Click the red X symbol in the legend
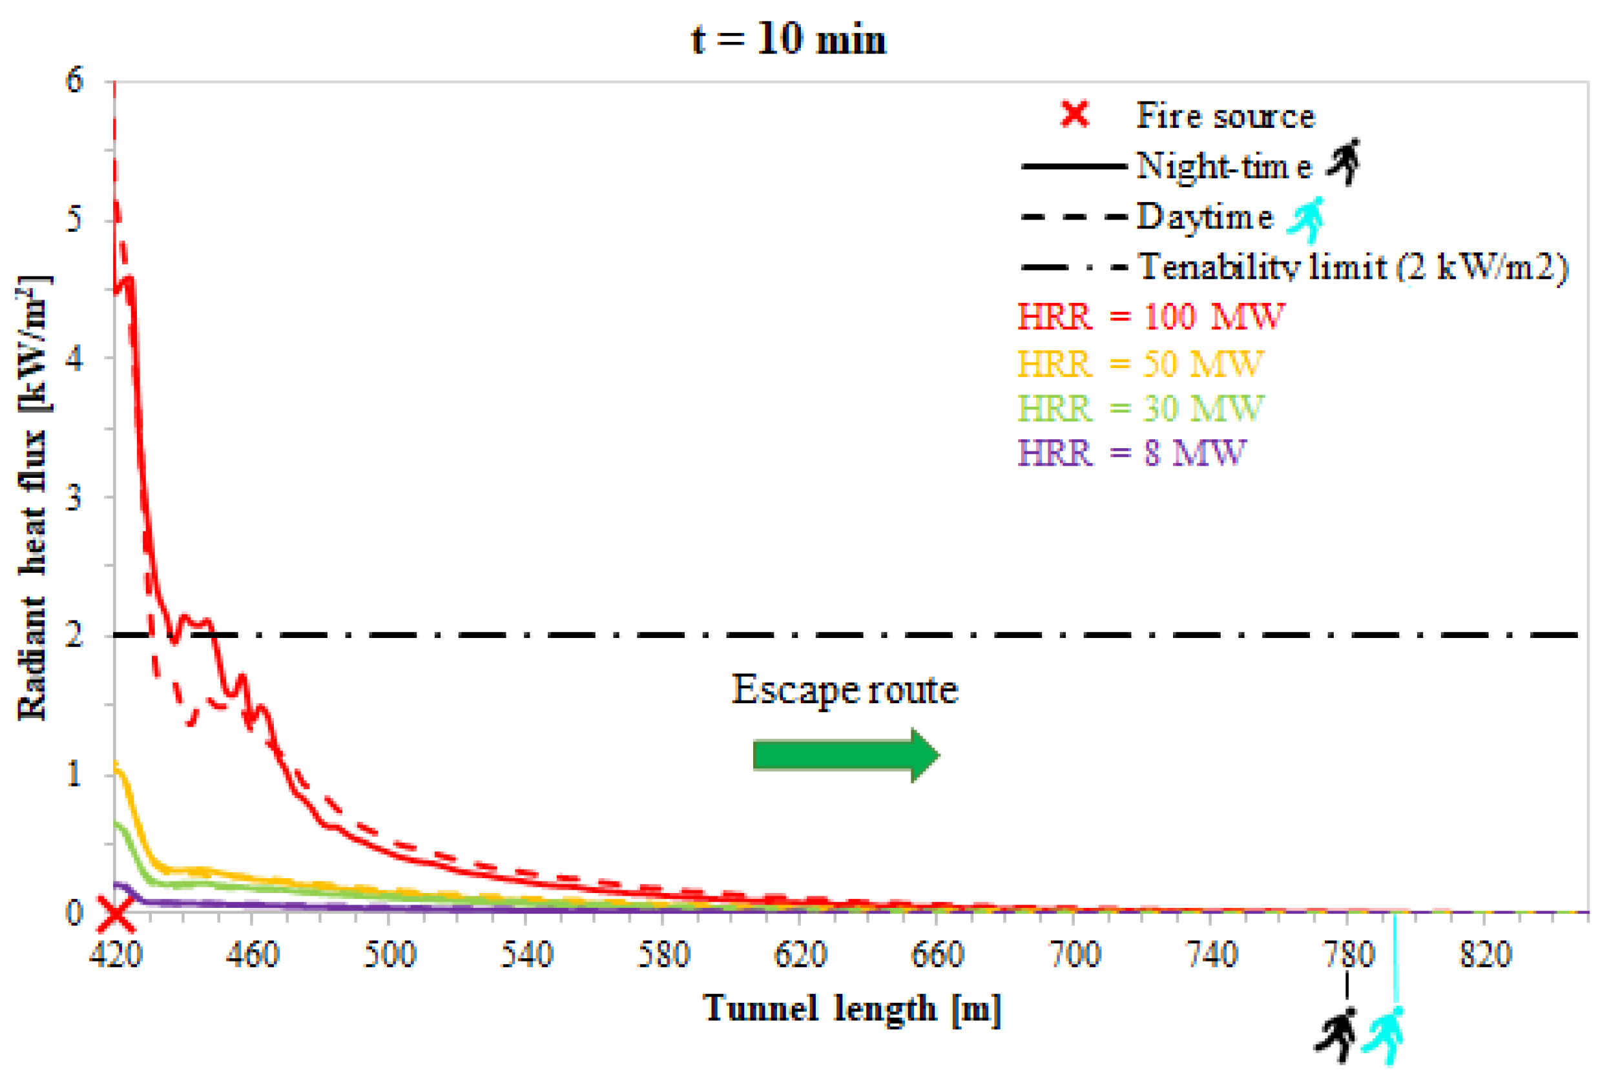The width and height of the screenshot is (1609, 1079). coord(1074,114)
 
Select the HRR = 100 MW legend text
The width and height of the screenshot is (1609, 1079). coord(1150,317)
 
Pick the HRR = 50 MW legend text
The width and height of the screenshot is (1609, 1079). coord(1139,364)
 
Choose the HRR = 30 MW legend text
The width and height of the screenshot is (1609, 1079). coord(1139,409)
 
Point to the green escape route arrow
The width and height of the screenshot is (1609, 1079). coord(846,755)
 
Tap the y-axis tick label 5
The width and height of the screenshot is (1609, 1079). coord(74,220)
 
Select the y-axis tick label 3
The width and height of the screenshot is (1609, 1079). coord(74,497)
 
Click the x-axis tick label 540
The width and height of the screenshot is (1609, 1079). coord(526,954)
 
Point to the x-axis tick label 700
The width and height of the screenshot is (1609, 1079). coord(1074,954)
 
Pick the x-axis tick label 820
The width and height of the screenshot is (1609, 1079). coord(1485,954)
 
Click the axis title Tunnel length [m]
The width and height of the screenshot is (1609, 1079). coord(851,1009)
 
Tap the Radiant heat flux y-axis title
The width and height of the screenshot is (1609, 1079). coord(32,499)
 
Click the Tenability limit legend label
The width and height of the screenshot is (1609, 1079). coord(1353,266)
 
